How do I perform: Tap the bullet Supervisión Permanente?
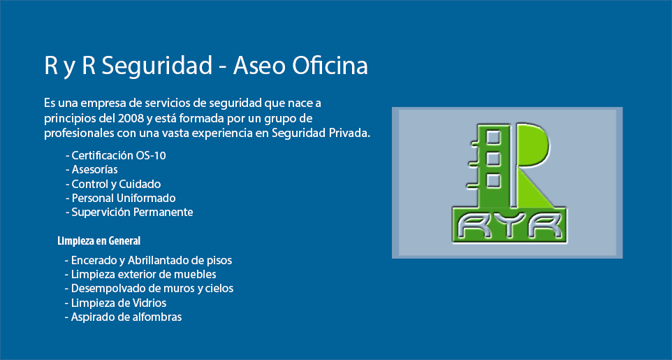click(129, 212)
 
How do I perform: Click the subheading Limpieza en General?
click(99, 240)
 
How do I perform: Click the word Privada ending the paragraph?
click(348, 132)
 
